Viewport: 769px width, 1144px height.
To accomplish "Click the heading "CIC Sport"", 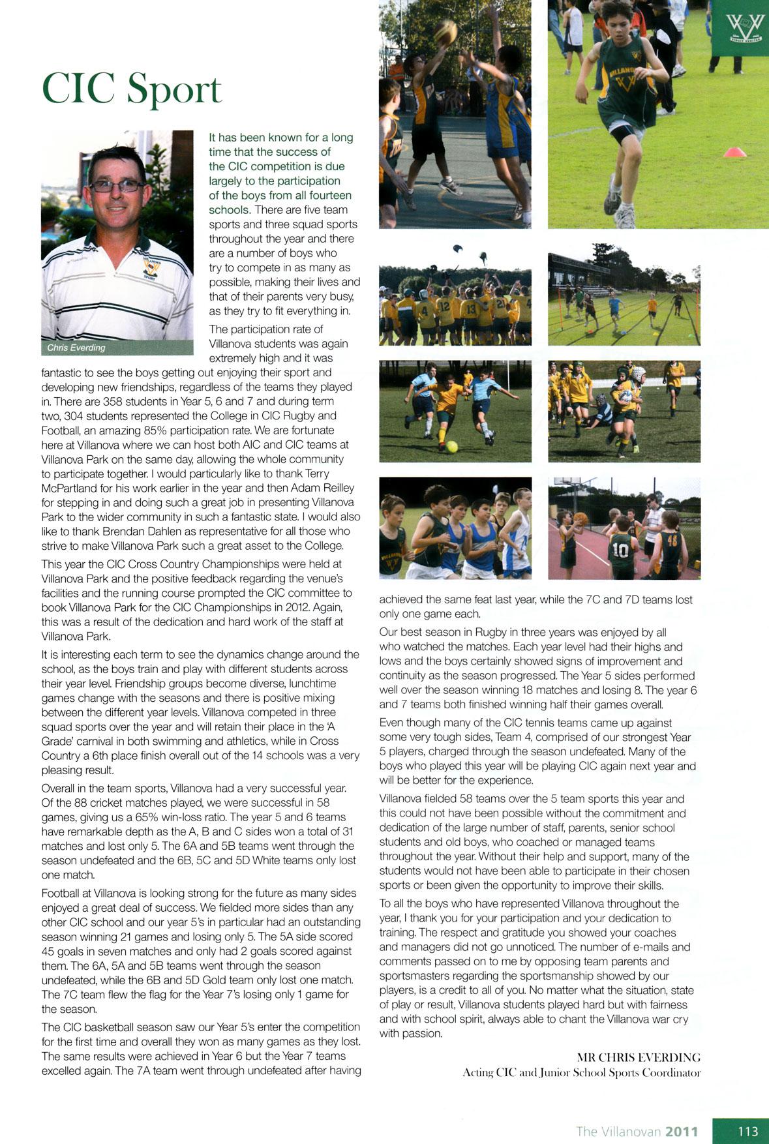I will point(132,89).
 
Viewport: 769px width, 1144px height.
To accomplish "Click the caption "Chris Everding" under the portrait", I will point(76,348).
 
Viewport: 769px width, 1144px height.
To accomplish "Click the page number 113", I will point(747,1131).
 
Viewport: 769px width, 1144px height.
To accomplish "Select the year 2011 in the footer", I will point(681,1132).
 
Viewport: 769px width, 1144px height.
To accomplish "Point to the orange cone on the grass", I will point(734,152).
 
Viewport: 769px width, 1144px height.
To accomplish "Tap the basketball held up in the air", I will point(446,31).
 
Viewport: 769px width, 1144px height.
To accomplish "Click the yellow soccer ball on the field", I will point(451,447).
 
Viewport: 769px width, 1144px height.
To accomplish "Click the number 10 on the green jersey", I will point(620,550).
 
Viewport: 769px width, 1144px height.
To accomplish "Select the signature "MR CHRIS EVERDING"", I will point(639,1057).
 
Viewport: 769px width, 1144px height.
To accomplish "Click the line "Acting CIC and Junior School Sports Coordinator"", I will point(581,1072).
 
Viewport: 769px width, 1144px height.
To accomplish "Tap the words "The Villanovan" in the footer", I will point(618,1132).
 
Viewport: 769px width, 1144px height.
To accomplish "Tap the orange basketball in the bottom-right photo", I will point(580,518).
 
